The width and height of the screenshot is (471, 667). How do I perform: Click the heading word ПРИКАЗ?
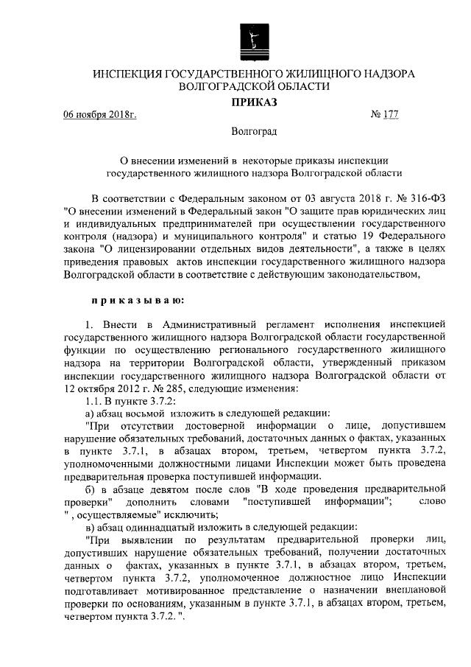click(x=254, y=102)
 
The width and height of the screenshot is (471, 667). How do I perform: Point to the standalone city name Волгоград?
click(x=254, y=133)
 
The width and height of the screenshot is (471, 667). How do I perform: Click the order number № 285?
click(x=172, y=388)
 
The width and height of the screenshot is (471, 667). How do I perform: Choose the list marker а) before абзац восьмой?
click(x=91, y=412)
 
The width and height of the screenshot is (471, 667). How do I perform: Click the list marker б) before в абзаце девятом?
click(x=91, y=489)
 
